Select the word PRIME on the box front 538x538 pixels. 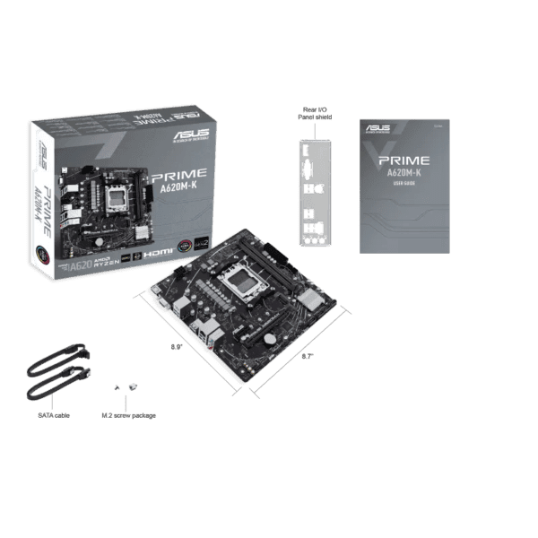click(180, 174)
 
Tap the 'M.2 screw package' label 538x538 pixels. click(125, 415)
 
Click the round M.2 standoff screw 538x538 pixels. click(133, 386)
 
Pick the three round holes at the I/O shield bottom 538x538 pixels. click(314, 240)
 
